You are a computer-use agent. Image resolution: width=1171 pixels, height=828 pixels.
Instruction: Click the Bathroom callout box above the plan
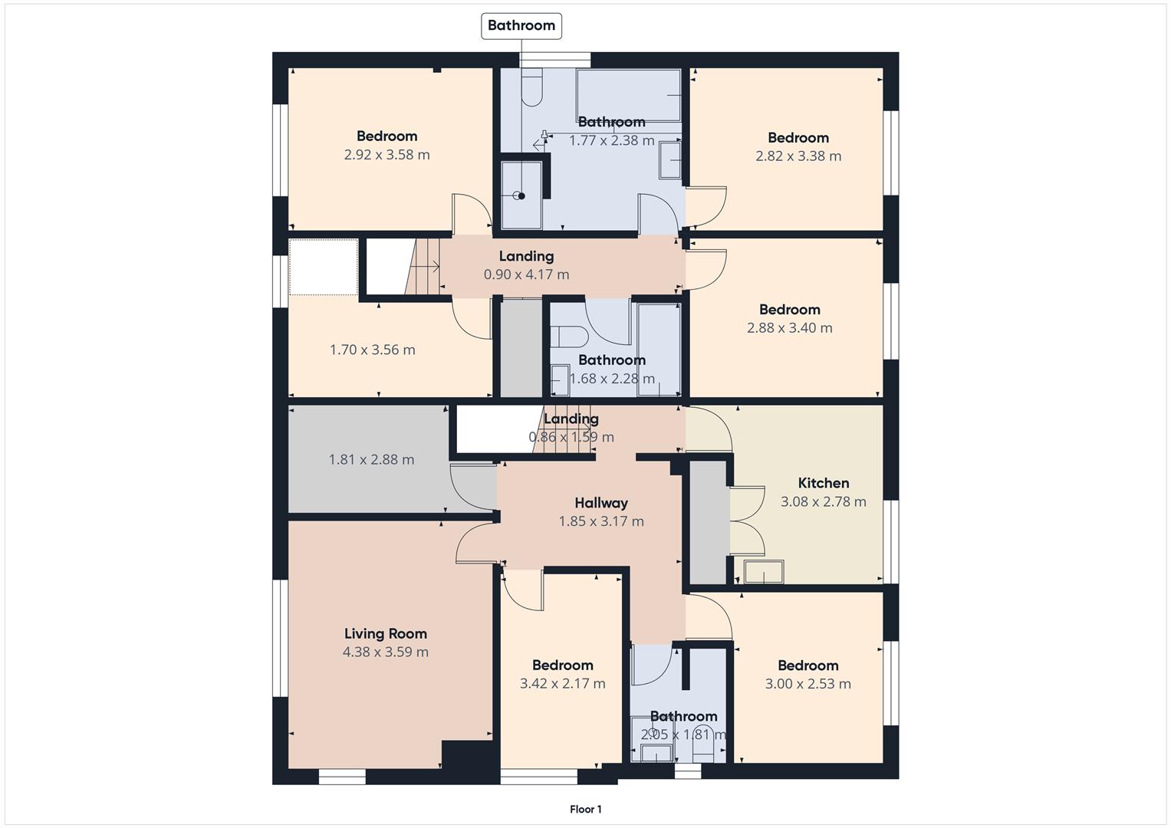[521, 25]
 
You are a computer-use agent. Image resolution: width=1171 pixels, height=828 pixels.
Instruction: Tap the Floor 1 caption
[585, 809]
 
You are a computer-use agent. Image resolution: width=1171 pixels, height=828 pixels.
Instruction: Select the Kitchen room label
[824, 483]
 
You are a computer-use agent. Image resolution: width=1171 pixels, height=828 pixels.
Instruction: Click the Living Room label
[385, 633]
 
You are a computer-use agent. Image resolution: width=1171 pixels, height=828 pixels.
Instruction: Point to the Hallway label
[601, 503]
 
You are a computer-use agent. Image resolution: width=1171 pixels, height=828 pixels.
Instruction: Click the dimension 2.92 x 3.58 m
[386, 155]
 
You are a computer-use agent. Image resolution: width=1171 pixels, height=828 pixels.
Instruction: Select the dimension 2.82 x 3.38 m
[798, 156]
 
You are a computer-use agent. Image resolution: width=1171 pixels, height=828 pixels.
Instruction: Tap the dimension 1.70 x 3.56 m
[373, 350]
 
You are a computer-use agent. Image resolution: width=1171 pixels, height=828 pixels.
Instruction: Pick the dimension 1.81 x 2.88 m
[371, 459]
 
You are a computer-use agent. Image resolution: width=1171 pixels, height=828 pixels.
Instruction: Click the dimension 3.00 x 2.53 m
[808, 684]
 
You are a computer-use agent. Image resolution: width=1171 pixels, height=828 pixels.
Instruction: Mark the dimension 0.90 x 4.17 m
[526, 274]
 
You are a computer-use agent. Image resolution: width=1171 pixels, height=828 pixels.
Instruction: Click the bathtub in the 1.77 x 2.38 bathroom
[629, 95]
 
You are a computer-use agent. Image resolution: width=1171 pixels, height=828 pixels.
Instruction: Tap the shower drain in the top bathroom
[521, 196]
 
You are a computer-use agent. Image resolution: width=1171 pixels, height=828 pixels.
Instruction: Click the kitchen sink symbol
[764, 572]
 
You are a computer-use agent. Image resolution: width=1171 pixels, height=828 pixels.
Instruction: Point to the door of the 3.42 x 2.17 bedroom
[523, 591]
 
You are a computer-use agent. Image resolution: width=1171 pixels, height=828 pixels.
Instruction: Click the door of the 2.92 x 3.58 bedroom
[472, 215]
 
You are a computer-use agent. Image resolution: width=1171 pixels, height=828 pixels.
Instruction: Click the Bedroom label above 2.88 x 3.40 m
[790, 310]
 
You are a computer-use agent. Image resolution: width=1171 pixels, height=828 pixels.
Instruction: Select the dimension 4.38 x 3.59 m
[385, 652]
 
